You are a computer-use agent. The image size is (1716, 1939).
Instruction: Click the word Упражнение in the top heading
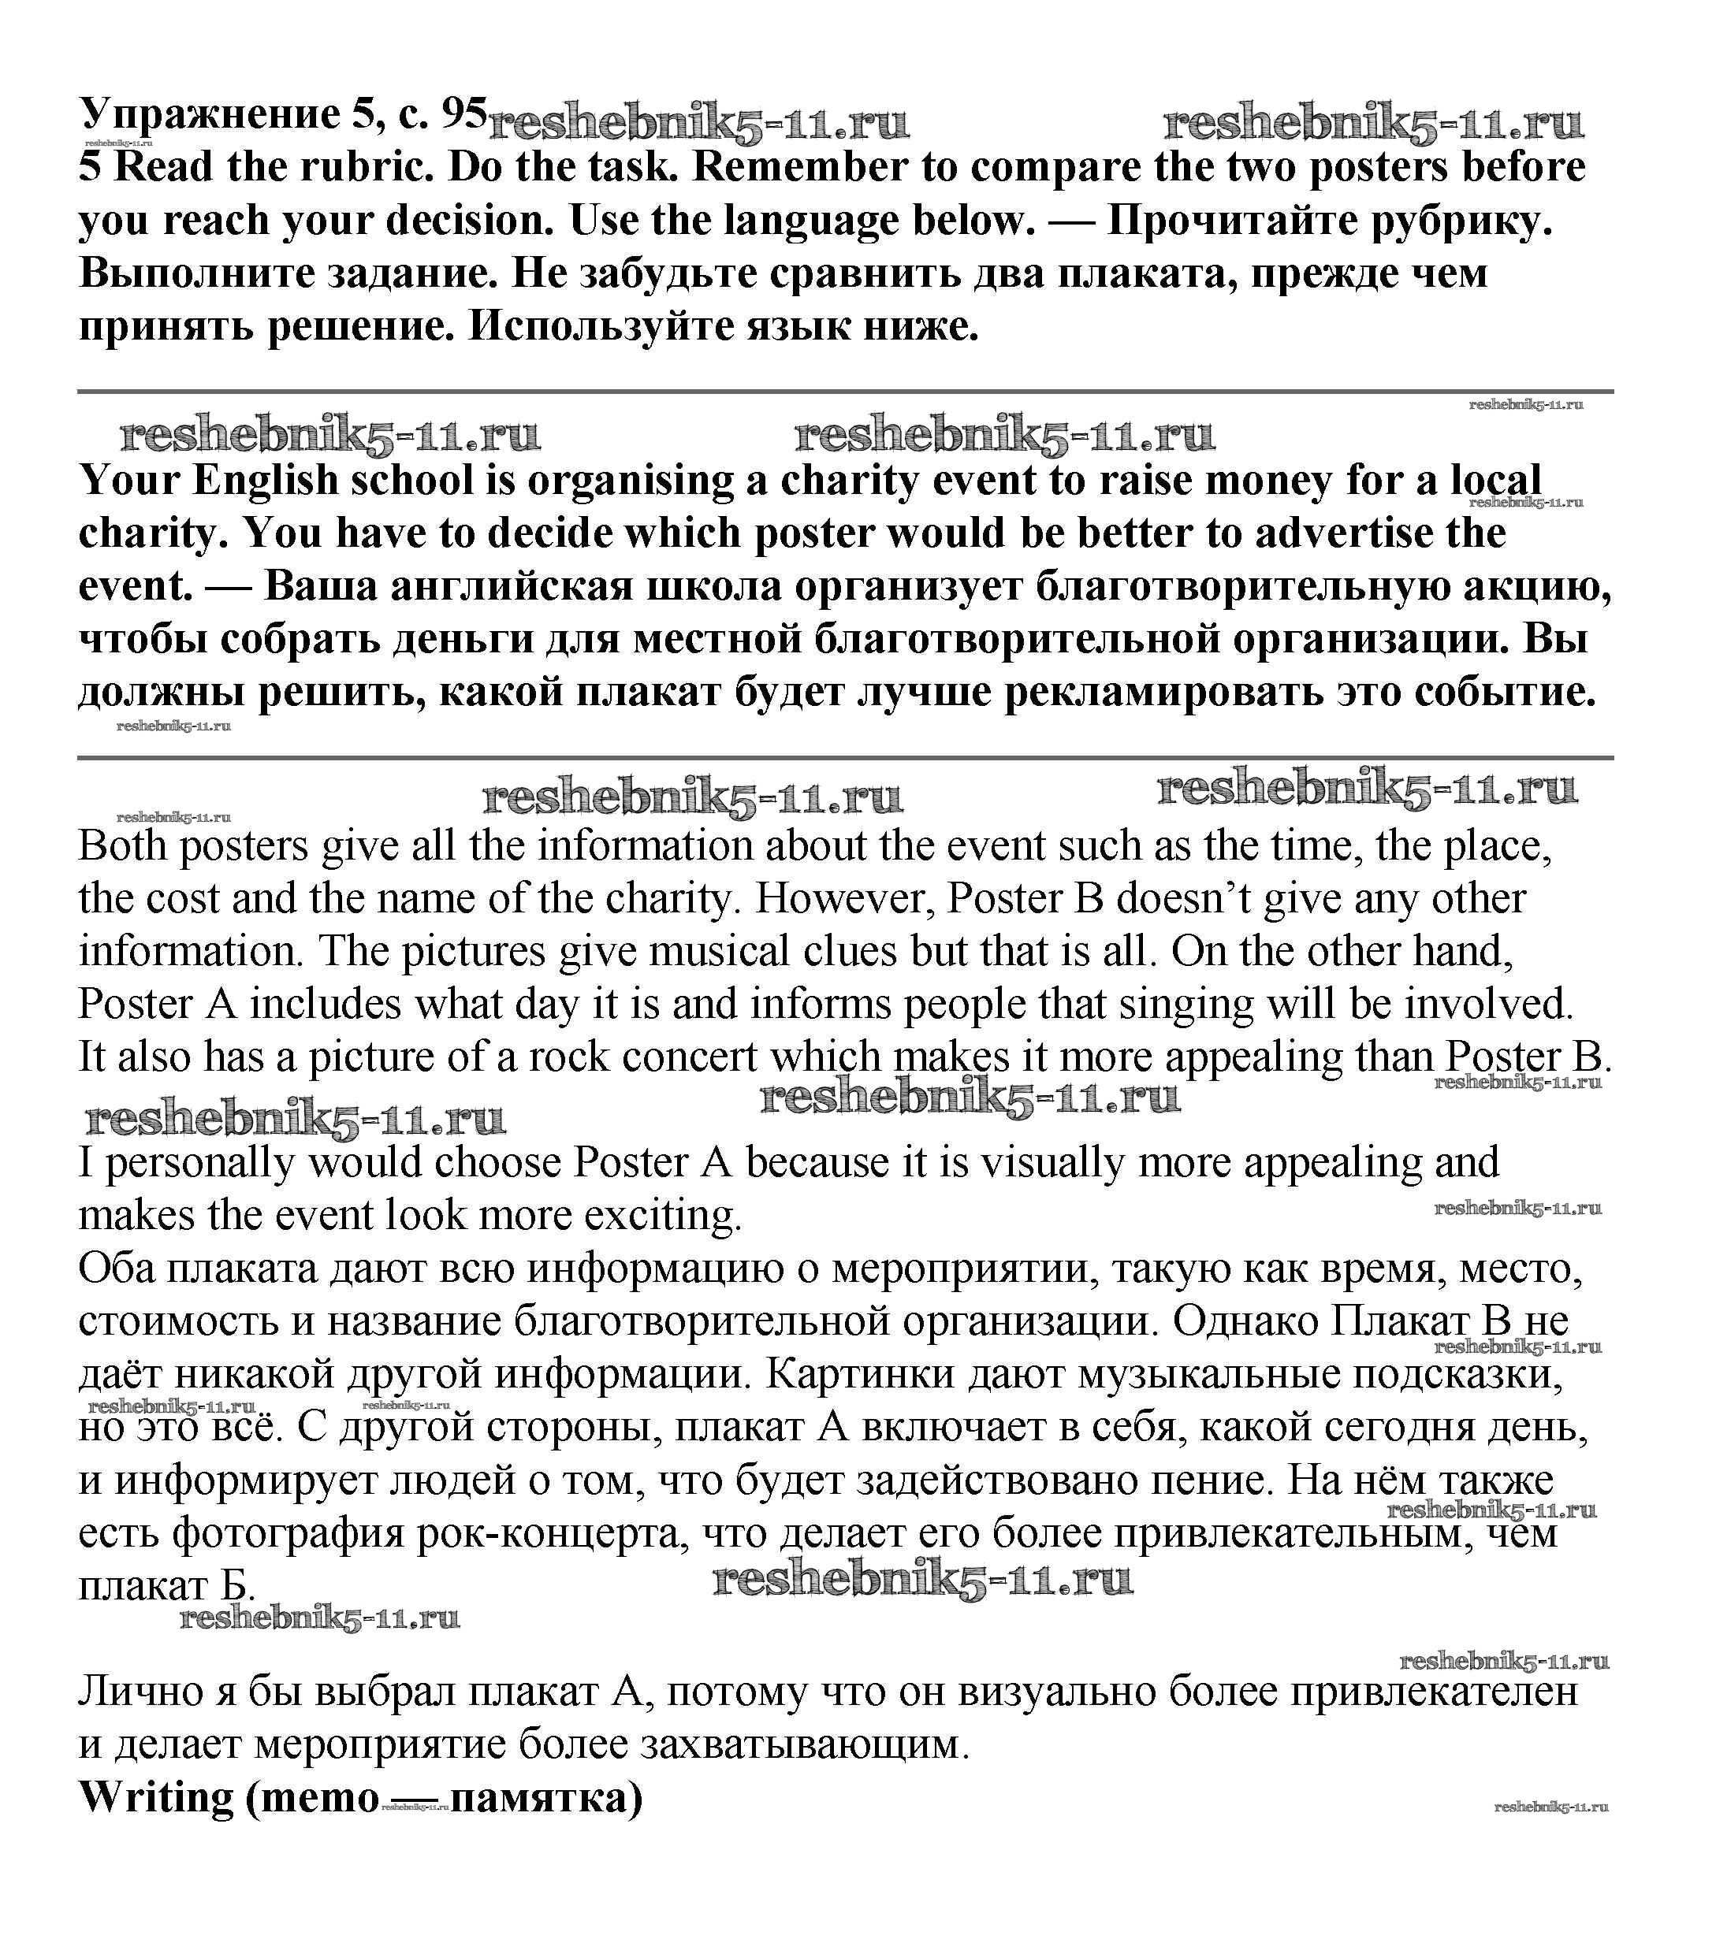pos(209,115)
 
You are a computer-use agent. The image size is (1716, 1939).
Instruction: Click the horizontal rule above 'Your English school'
pos(845,391)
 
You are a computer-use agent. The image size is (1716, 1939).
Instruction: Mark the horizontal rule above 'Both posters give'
pos(845,758)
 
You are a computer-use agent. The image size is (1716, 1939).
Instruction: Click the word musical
pos(722,953)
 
